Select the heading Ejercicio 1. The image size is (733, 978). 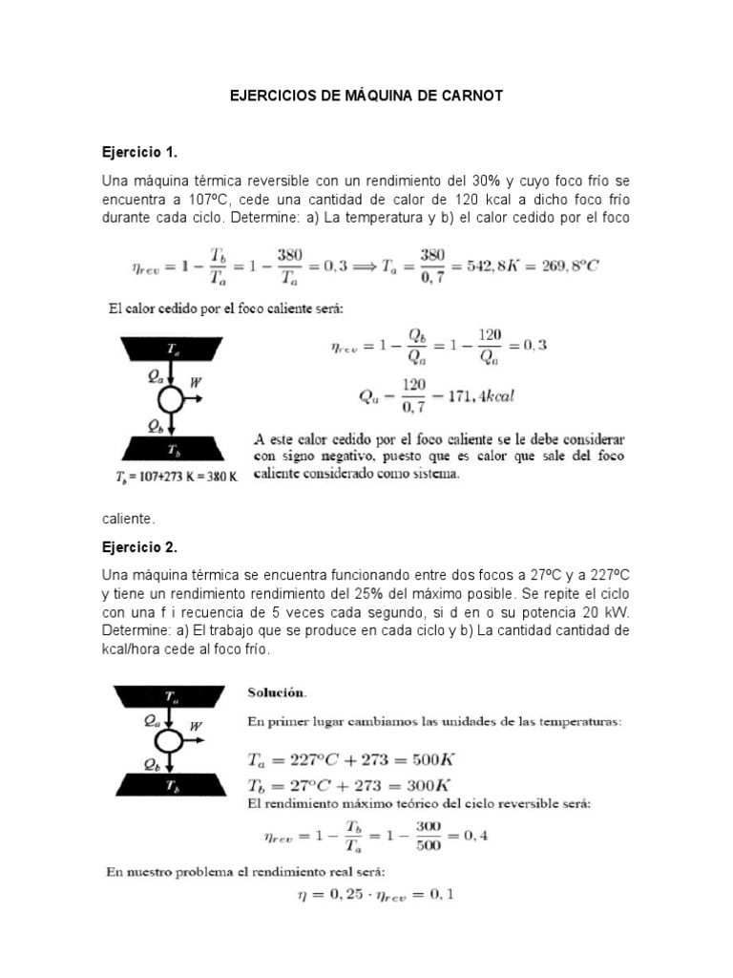(x=139, y=152)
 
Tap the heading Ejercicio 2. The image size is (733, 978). (x=139, y=548)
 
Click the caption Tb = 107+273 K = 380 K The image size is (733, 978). (x=168, y=478)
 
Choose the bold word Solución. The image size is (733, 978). (x=279, y=691)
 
